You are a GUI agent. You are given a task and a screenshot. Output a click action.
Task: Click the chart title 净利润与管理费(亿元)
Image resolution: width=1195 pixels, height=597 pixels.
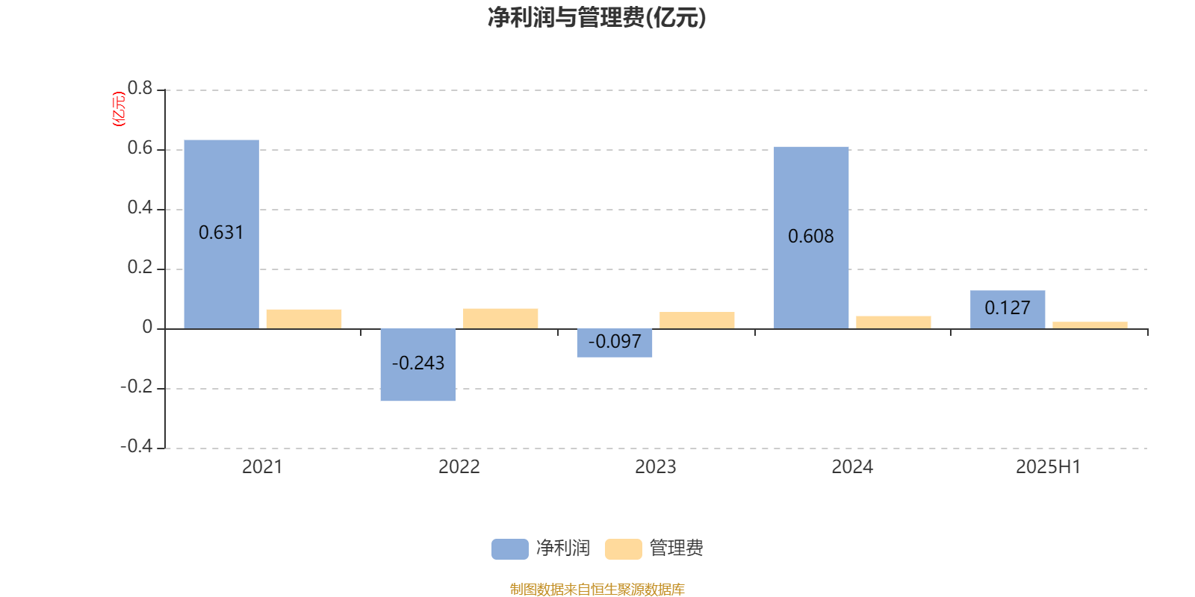point(597,18)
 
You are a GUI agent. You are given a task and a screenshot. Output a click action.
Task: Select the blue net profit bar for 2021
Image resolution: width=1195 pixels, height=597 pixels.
point(221,234)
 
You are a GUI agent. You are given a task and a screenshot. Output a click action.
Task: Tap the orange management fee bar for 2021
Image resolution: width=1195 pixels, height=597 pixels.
point(304,319)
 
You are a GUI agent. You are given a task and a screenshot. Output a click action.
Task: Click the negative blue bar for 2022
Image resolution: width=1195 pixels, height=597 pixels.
point(418,365)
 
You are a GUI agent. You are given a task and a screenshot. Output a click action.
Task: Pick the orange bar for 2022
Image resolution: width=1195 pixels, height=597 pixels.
point(500,319)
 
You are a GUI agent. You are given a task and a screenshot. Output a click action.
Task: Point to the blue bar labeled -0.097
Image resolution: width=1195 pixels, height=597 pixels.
point(615,343)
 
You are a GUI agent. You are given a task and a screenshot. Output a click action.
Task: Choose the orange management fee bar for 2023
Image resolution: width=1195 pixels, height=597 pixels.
point(697,320)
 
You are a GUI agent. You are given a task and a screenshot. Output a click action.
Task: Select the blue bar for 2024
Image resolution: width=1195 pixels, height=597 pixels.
point(811,238)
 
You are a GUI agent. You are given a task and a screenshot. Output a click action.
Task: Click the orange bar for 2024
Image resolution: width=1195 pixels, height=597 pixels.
point(893,322)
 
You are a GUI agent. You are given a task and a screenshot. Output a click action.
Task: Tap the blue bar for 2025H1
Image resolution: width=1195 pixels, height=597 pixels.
point(1008,310)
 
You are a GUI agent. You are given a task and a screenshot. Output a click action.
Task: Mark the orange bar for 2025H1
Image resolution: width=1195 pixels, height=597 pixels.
point(1090,325)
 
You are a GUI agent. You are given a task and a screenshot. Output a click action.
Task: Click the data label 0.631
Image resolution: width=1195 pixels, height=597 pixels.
point(221,232)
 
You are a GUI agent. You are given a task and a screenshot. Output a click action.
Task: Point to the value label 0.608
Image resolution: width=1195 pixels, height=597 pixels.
point(811,236)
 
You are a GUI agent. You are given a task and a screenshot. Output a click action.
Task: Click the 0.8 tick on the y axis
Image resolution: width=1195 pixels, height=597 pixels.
point(140,88)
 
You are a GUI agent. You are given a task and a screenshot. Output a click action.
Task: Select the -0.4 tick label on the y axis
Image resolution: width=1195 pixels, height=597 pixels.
point(137,446)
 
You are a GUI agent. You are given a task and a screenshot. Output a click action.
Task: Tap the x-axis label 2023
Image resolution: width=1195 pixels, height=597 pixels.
point(656,467)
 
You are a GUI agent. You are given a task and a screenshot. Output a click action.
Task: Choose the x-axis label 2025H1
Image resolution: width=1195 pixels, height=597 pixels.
point(1049,467)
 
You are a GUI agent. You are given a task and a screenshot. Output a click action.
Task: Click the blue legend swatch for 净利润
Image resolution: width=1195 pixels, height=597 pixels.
point(510,549)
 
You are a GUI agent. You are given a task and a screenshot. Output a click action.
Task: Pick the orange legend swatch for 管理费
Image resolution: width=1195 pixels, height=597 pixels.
point(623,549)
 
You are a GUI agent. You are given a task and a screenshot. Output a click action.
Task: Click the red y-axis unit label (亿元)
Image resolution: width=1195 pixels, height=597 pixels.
point(119,109)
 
